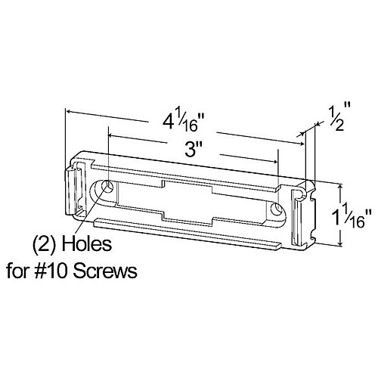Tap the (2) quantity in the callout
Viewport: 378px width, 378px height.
43,246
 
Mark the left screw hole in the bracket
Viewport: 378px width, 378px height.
107,187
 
